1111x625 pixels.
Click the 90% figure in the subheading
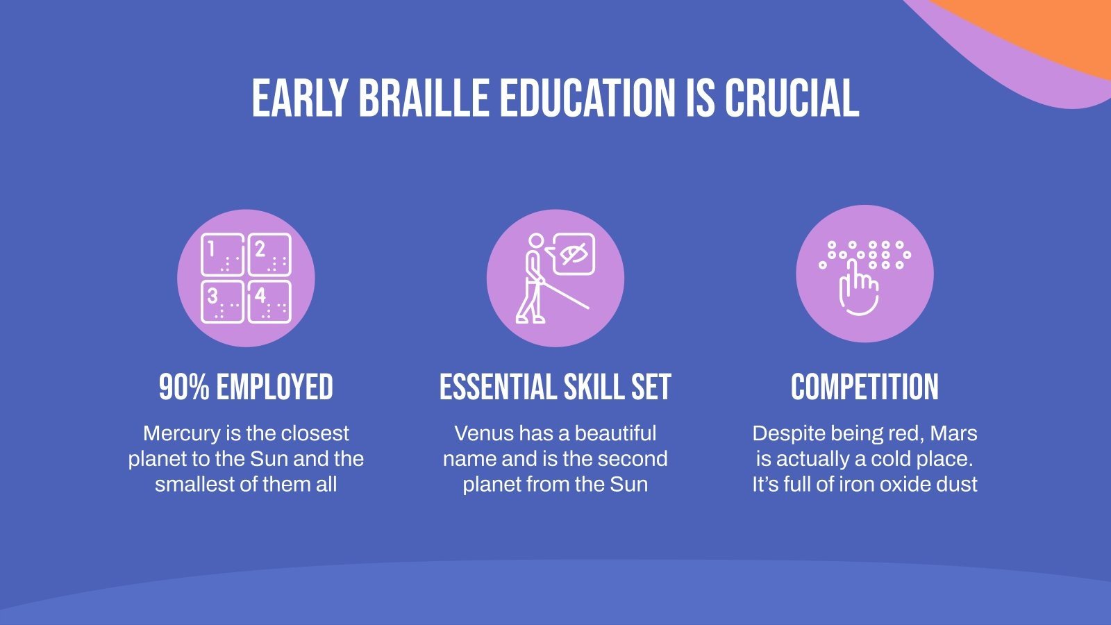(x=184, y=387)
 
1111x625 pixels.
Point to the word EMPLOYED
(x=274, y=387)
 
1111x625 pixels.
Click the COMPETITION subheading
(x=864, y=387)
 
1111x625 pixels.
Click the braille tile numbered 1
(x=222, y=255)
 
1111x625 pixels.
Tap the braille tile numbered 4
(x=269, y=301)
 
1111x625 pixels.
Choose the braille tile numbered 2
(x=269, y=255)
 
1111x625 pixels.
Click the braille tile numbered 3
(x=222, y=301)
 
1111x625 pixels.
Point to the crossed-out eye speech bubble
(x=574, y=254)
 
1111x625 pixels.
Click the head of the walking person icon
(x=535, y=241)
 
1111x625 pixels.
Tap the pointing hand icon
(x=858, y=288)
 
